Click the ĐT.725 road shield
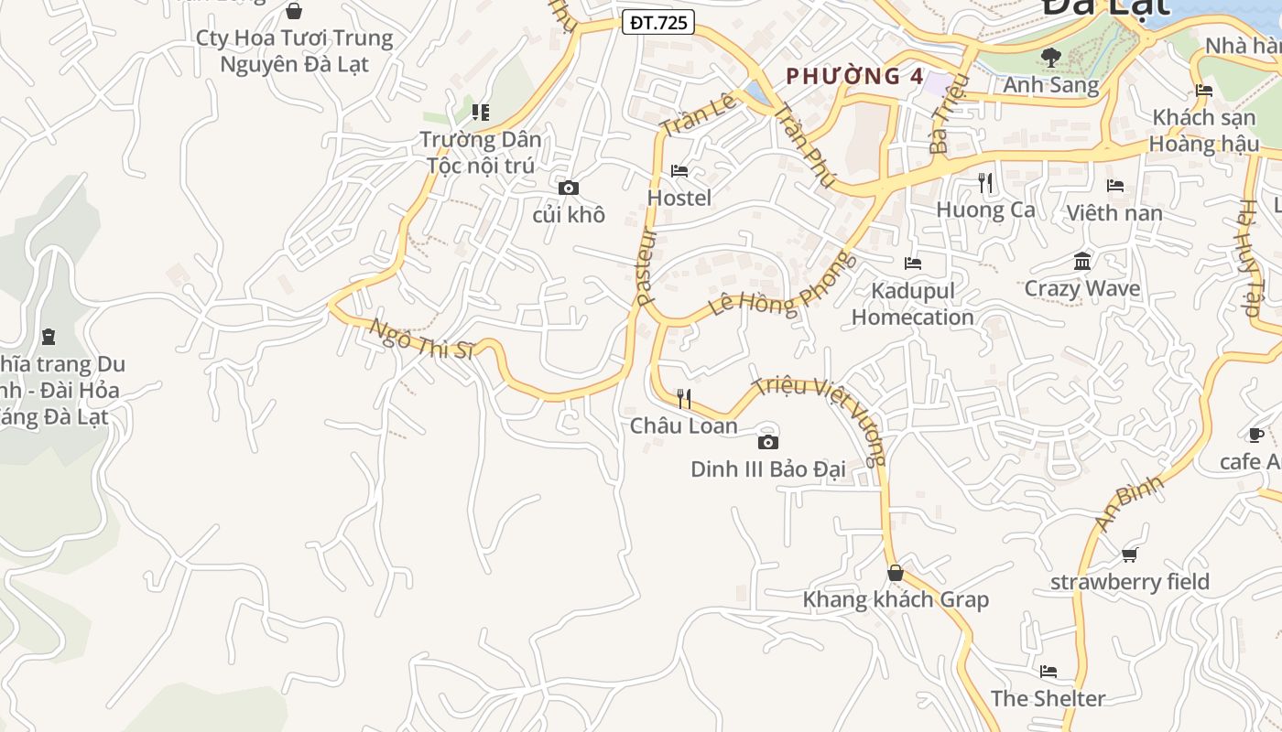[658, 23]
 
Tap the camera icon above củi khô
[569, 188]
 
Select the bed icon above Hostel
[679, 171]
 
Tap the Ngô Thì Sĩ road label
[422, 339]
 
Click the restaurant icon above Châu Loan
[683, 398]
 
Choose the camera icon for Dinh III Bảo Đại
[767, 443]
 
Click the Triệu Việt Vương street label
[820, 418]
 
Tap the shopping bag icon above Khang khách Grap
[896, 574]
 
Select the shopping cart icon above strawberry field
[1129, 554]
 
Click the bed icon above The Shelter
[1048, 672]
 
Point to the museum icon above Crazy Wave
[1082, 262]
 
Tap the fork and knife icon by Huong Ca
[985, 183]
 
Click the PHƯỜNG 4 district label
[855, 77]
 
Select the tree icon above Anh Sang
[1050, 57]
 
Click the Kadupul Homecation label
[913, 305]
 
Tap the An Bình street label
[1128, 501]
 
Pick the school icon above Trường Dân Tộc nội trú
[481, 113]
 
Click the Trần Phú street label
[803, 145]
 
